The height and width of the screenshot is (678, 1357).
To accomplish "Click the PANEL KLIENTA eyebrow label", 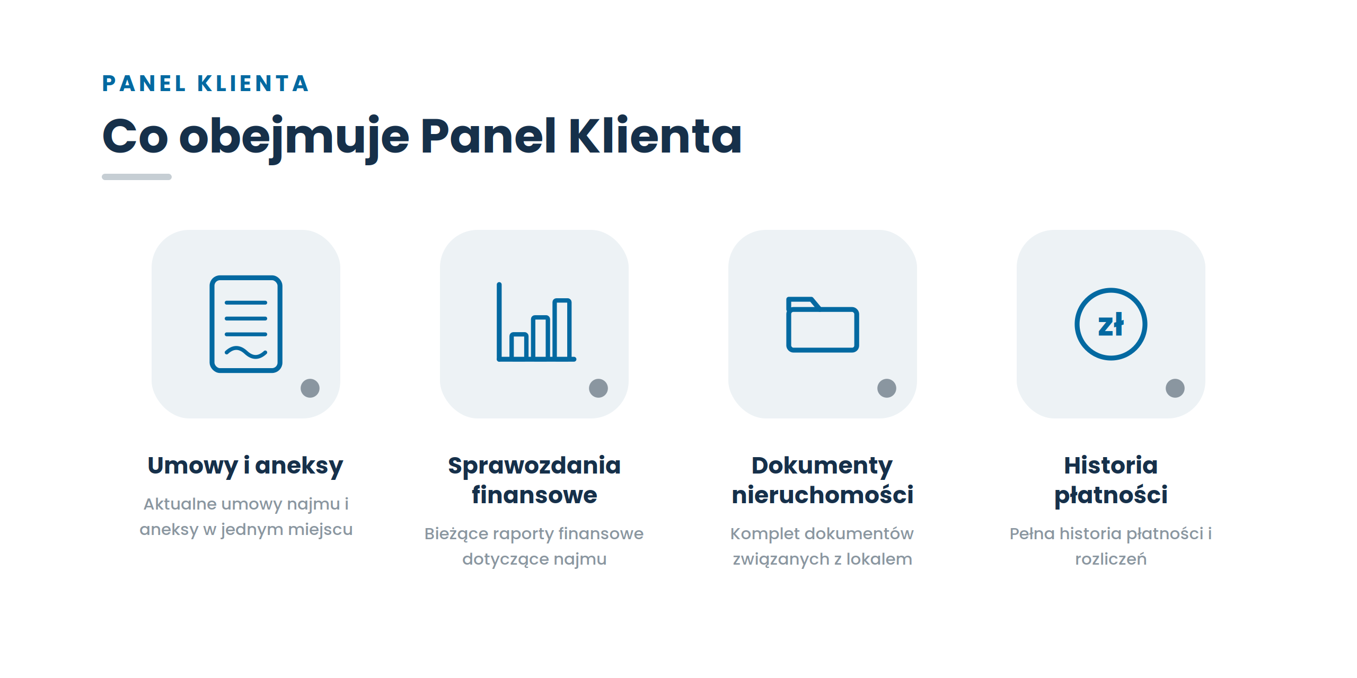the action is coord(205,84).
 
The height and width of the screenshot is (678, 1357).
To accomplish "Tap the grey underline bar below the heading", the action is coord(137,177).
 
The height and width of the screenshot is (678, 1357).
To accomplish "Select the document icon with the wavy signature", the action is coord(246,324).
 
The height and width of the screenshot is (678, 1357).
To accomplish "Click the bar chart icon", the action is coord(536,322).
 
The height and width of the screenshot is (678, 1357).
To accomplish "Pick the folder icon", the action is coord(822,324).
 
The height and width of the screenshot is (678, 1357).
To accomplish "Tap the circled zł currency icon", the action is coord(1111,324).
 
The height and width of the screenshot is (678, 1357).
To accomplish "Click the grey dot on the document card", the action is coord(310,388).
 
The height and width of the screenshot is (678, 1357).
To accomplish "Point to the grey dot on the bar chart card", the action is coord(598,388).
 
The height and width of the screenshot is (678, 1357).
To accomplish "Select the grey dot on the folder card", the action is coord(887,388).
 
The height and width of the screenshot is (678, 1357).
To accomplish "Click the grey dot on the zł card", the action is coord(1175,388).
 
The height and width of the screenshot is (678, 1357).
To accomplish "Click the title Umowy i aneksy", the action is coord(245,466).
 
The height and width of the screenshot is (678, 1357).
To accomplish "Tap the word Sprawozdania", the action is coord(534,466).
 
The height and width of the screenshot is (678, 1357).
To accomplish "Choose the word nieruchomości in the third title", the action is coord(823,495).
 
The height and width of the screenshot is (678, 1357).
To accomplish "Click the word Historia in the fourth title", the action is coord(1111,465).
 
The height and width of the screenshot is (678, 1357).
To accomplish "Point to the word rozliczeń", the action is coord(1111,559).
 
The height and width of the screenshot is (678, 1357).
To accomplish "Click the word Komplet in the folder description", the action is coord(760,534).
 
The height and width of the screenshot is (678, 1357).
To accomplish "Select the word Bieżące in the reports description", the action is coord(456,534).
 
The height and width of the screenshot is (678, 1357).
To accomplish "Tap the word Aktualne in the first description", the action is coord(180,504).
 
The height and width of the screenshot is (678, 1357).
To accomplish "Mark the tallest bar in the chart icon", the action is coord(562,329).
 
